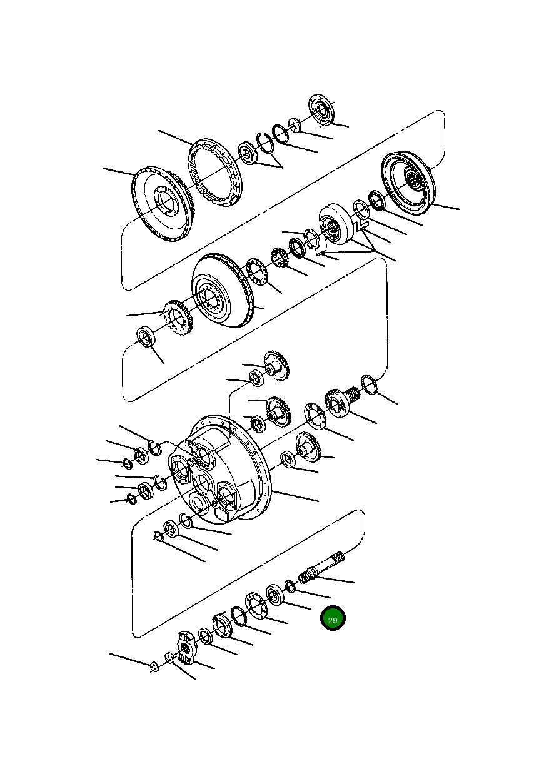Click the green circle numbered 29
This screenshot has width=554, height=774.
tap(333, 619)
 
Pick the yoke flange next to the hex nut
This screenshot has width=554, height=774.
tap(186, 646)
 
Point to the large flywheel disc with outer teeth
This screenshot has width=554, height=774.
tap(161, 203)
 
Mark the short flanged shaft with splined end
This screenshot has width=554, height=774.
tap(340, 400)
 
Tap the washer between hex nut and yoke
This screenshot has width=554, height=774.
tap(169, 657)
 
